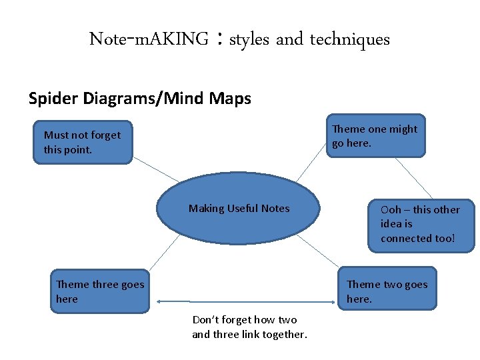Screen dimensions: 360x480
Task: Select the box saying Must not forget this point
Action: (x=83, y=142)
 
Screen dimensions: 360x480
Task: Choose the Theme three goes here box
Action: (x=101, y=292)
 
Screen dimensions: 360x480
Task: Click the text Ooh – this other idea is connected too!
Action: (x=419, y=223)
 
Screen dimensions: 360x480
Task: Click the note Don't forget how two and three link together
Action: (x=249, y=327)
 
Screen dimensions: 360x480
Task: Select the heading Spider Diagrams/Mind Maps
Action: (x=140, y=99)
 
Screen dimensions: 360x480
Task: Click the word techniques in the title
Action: (x=349, y=39)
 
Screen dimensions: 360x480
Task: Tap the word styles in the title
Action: (x=249, y=39)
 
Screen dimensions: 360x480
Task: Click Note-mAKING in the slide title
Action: (x=149, y=39)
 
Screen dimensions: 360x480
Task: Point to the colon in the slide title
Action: (x=219, y=40)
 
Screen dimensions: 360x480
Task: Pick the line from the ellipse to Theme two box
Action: (x=319, y=253)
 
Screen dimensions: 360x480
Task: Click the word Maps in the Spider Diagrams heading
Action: (x=229, y=99)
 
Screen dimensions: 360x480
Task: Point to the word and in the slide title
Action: (x=289, y=39)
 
